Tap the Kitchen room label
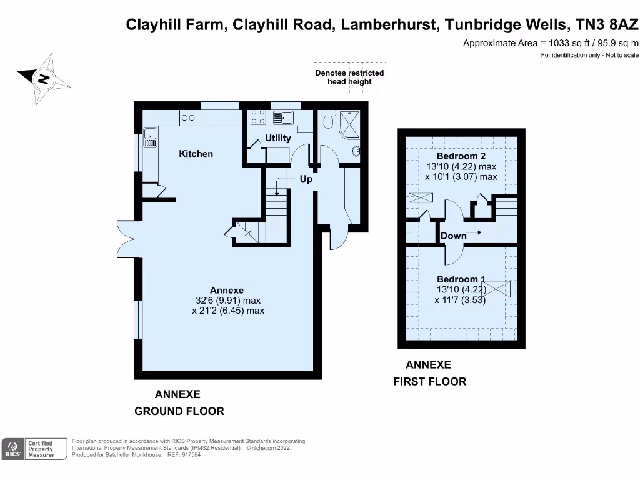[x=196, y=154]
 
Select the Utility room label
[x=278, y=138]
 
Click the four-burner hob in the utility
[x=258, y=117]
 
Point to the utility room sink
[x=286, y=117]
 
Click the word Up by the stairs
[x=306, y=179]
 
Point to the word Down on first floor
[x=454, y=236]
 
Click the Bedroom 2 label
[x=461, y=156]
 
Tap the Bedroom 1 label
[x=461, y=279]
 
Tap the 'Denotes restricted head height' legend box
[x=350, y=77]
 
